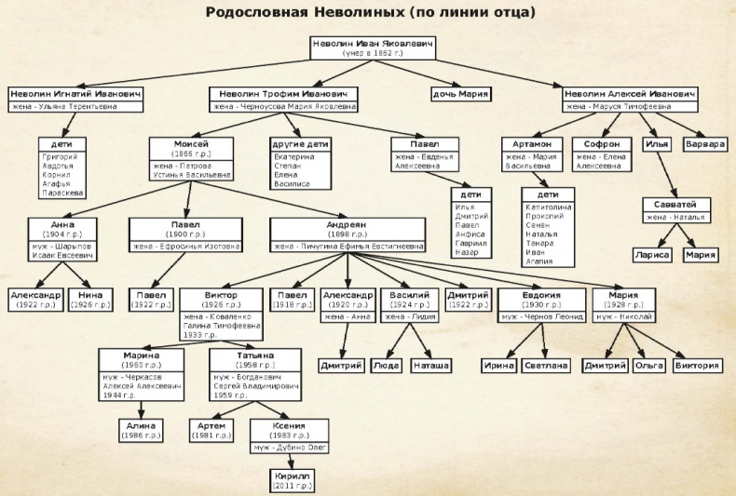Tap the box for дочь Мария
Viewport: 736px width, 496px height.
460,94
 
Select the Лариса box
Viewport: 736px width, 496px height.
652,253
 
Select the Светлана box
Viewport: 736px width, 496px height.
545,366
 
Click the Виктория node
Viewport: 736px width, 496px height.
697,366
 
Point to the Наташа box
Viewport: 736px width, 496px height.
430,366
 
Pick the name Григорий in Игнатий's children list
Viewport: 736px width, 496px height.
61,157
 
